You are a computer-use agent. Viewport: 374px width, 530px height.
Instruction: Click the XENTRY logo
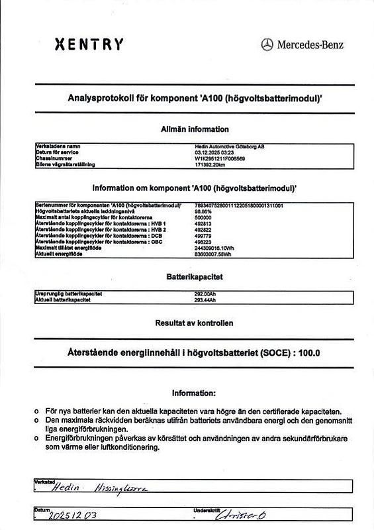coord(88,44)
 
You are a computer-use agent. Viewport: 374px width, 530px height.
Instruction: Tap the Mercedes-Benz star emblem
coord(267,44)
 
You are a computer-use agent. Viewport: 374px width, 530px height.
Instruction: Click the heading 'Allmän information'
coord(195,129)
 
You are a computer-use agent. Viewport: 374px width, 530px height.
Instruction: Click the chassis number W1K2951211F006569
coord(220,158)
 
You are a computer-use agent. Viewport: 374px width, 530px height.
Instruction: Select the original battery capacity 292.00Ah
coord(206,293)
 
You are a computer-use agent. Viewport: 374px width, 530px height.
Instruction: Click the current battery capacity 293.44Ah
coord(206,299)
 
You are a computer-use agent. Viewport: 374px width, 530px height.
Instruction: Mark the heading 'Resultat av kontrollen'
coord(195,323)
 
